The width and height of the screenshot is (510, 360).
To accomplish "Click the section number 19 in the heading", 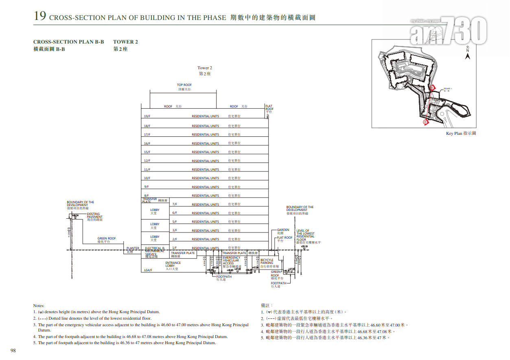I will pyautogui.click(x=39, y=16).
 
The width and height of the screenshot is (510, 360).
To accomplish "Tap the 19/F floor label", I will pyautogui.click(x=147, y=116).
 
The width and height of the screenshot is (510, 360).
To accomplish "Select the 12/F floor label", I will pyautogui.click(x=147, y=161).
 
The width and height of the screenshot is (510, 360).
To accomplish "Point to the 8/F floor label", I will pyautogui.click(x=147, y=195).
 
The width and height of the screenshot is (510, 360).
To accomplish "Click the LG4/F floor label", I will pyautogui.click(x=148, y=270).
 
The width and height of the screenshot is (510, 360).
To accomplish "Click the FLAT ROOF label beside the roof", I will pyautogui.click(x=269, y=109).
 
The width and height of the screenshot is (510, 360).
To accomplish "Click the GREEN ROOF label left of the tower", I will pyautogui.click(x=107, y=240).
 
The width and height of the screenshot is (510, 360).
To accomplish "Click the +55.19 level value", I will pyautogui.click(x=304, y=246).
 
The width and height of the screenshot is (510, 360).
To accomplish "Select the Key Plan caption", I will pyautogui.click(x=461, y=134).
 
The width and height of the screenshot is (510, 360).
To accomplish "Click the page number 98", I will pyautogui.click(x=13, y=351).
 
